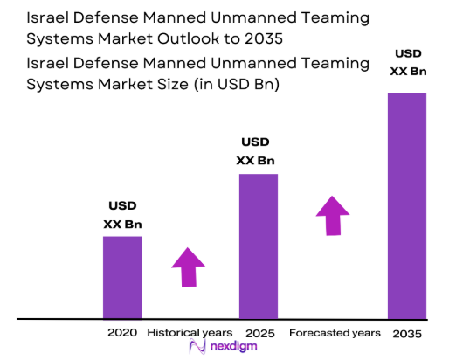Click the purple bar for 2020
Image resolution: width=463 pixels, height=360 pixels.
(x=122, y=277)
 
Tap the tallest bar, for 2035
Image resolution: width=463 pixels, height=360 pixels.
(x=406, y=205)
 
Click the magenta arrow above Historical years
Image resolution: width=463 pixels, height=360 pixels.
(x=188, y=267)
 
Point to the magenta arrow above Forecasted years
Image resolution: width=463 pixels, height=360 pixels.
(x=332, y=215)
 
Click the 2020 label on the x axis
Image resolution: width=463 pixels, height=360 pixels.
(x=122, y=333)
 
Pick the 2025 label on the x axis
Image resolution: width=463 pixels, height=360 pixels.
(x=259, y=333)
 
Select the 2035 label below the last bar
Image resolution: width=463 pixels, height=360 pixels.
(x=406, y=333)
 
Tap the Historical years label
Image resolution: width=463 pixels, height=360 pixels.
(x=190, y=333)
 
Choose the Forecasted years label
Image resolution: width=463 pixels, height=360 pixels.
(x=335, y=333)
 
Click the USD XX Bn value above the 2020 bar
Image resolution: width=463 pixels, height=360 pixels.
(x=122, y=216)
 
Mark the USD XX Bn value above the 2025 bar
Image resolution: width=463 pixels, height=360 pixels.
(x=258, y=151)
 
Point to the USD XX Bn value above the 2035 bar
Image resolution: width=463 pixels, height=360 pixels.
(x=406, y=61)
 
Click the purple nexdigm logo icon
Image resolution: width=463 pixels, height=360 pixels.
(x=196, y=348)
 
